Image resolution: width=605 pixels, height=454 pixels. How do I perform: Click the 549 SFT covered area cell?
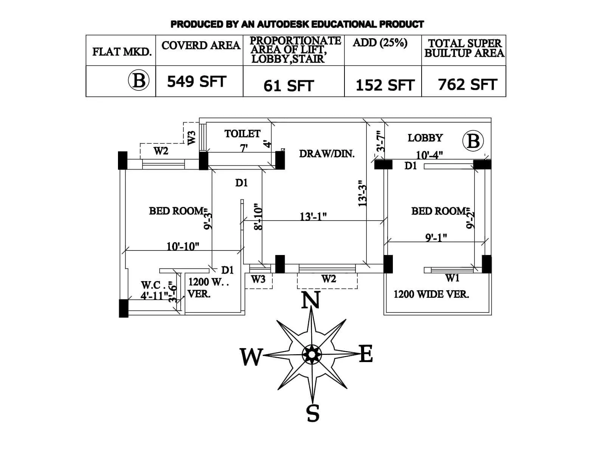point(196,82)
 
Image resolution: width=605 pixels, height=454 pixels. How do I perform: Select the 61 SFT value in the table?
point(289,86)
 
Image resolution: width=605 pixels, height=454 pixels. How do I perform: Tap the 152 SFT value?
point(385,86)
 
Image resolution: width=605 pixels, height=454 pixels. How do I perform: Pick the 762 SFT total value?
point(467,85)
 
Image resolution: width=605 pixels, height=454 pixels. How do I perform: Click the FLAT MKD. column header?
point(122,51)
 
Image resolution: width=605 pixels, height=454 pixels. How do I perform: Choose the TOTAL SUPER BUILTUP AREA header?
point(464,48)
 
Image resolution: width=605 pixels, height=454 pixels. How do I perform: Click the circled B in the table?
point(139,81)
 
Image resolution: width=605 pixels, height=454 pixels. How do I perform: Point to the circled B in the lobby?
point(473,141)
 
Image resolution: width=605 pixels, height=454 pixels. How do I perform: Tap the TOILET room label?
point(242,134)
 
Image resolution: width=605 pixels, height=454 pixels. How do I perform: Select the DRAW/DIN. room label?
point(327,154)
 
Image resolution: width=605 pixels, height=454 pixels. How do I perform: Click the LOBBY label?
point(425,138)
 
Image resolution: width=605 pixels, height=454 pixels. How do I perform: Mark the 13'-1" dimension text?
point(313,216)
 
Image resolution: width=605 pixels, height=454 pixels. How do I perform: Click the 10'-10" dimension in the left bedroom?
point(183,246)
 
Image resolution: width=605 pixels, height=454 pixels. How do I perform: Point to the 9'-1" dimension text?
point(436,238)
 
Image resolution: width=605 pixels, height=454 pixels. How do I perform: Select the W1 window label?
point(452,278)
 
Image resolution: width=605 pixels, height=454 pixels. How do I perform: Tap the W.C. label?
point(151,285)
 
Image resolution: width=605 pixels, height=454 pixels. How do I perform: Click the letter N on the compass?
point(311,301)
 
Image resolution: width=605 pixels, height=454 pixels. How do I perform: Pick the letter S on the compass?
point(313,413)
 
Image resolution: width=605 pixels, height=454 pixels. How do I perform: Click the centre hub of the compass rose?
point(312,354)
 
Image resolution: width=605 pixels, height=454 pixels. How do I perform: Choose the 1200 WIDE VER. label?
point(431,294)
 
